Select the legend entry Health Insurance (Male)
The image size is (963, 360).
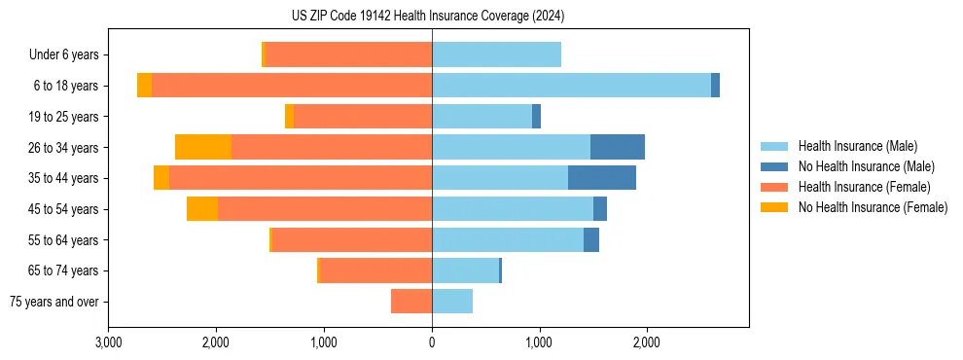(x=857, y=146)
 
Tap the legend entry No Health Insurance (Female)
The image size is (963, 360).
(x=873, y=207)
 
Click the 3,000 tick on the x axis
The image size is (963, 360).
(x=109, y=342)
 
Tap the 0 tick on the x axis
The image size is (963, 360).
(x=432, y=342)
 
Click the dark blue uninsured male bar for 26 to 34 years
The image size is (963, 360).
(x=618, y=148)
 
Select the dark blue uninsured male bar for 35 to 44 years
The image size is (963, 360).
(x=602, y=178)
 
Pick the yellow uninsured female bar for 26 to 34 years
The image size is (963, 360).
(x=203, y=148)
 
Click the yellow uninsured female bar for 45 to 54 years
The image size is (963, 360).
(x=202, y=209)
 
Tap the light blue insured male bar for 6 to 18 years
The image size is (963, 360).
(x=571, y=86)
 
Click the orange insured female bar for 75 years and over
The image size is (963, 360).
(x=411, y=302)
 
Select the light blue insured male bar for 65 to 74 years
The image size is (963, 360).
(x=465, y=270)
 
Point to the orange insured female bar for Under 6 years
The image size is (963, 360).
(x=348, y=55)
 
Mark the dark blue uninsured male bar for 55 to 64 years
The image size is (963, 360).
(x=591, y=240)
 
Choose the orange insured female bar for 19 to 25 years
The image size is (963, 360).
(x=363, y=117)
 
